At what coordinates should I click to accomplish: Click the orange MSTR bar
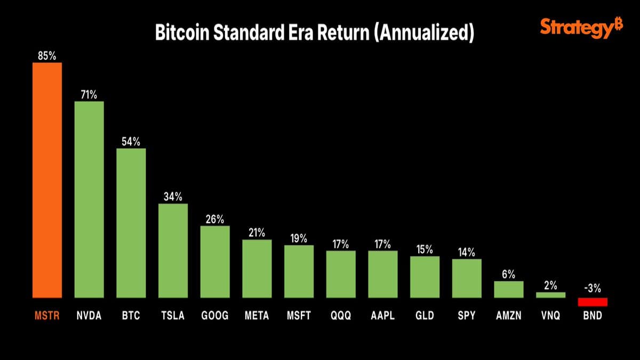pyautogui.click(x=47, y=180)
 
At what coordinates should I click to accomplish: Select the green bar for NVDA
pyautogui.click(x=89, y=199)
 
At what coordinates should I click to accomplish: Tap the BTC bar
pyautogui.click(x=131, y=222)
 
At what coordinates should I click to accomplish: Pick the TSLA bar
pyautogui.click(x=173, y=250)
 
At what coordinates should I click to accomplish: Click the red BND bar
pyautogui.click(x=593, y=302)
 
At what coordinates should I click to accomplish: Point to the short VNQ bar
pyautogui.click(x=550, y=295)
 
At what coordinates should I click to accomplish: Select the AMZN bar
pyautogui.click(x=509, y=289)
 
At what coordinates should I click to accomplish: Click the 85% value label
pyautogui.click(x=47, y=55)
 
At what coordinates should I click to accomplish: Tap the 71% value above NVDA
pyautogui.click(x=89, y=94)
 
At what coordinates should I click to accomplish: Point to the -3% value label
pyautogui.click(x=593, y=289)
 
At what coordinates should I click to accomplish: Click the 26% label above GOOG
pyautogui.click(x=215, y=219)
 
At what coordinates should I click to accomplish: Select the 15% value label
pyautogui.click(x=425, y=249)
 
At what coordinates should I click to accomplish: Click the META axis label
pyautogui.click(x=257, y=316)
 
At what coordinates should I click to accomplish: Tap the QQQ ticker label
pyautogui.click(x=341, y=316)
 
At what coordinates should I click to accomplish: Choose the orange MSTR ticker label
pyautogui.click(x=47, y=316)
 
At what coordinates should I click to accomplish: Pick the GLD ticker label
pyautogui.click(x=425, y=316)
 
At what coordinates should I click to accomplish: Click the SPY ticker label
pyautogui.click(x=467, y=316)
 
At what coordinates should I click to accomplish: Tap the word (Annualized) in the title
pyautogui.click(x=425, y=33)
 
